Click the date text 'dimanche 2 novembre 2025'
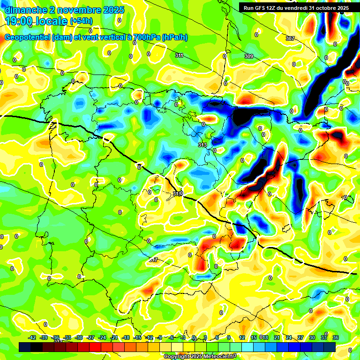pyautogui.click(x=65, y=10)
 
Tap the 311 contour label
pyautogui.click(x=179, y=55)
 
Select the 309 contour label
pyautogui.click(x=249, y=56)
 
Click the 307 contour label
pyautogui.click(x=290, y=38)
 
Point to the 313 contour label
pyautogui.click(x=202, y=145)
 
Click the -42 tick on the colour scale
pyautogui.click(x=32, y=337)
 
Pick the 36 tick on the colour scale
pyautogui.click(x=336, y=337)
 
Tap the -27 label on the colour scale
pyautogui.click(x=90, y=337)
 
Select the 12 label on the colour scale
pyautogui.click(x=242, y=337)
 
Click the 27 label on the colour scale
pyautogui.click(x=300, y=337)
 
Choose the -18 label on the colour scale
pyautogui.click(x=125, y=337)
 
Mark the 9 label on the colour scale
pyautogui.click(x=229, y=337)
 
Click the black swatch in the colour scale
pyautogui.click(x=25, y=347)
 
